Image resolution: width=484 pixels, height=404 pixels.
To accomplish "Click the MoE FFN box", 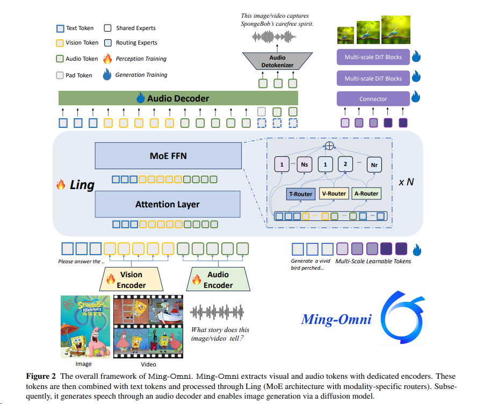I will point(168,156).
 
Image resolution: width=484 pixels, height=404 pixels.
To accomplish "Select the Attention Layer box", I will point(168,204).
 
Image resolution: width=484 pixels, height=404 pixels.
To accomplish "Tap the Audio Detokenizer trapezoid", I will point(278,61).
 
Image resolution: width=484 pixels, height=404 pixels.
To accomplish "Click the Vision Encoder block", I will point(131,279).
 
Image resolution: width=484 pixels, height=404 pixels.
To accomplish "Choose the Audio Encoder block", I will point(218,279).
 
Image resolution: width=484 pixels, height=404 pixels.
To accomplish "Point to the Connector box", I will point(373,99).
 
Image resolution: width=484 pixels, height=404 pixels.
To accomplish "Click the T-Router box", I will point(301,193).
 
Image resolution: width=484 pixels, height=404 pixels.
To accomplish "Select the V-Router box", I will point(333,193).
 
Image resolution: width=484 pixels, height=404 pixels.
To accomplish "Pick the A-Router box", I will point(366,193).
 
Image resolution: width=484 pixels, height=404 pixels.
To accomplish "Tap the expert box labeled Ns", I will point(304,164).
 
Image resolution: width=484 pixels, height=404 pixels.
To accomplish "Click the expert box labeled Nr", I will point(373,164).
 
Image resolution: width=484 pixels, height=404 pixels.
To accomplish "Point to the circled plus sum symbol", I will point(328,146).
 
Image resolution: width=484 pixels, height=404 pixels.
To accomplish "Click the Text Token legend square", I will point(60,28).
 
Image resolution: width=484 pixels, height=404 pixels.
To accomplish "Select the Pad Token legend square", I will point(60,75).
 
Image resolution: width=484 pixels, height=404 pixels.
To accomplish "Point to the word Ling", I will point(82,185).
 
